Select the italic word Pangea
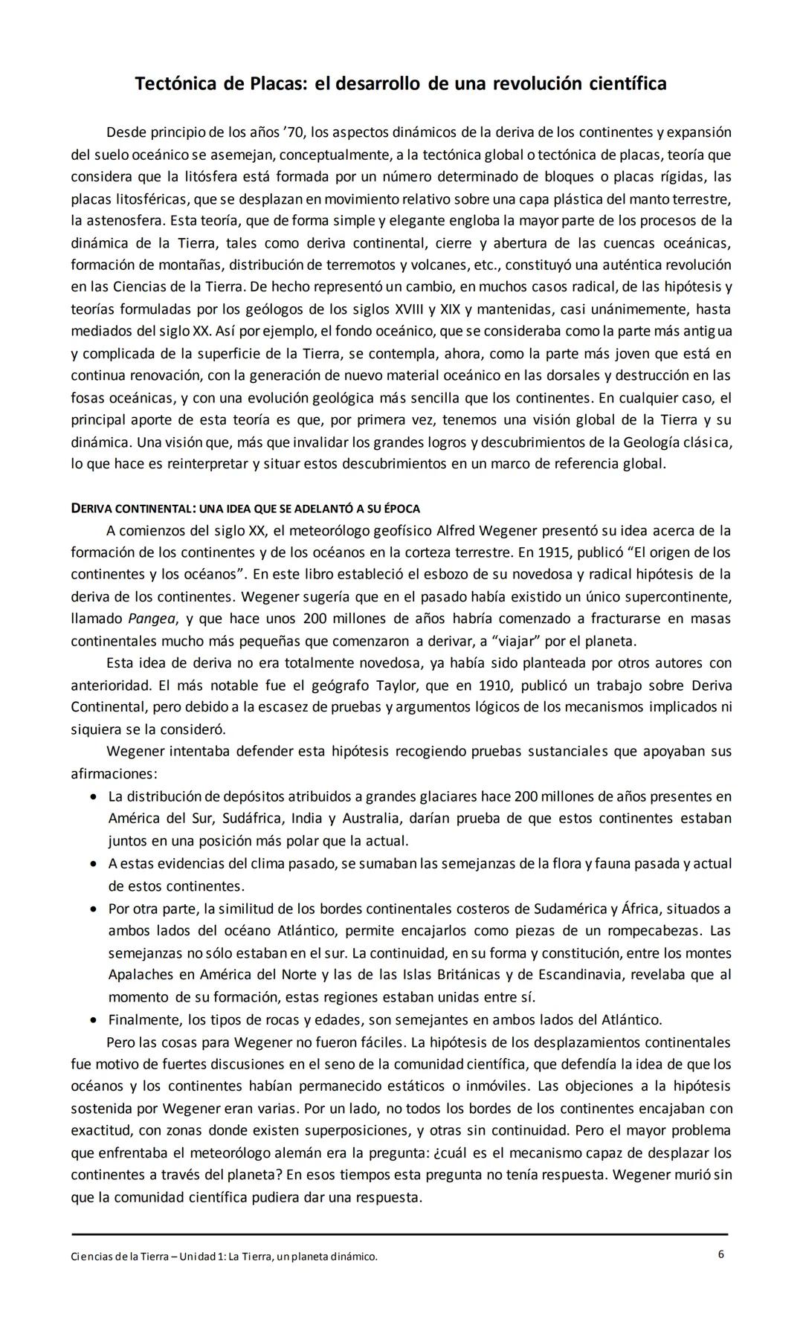point(152,619)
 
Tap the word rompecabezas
point(654,930)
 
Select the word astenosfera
point(125,221)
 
